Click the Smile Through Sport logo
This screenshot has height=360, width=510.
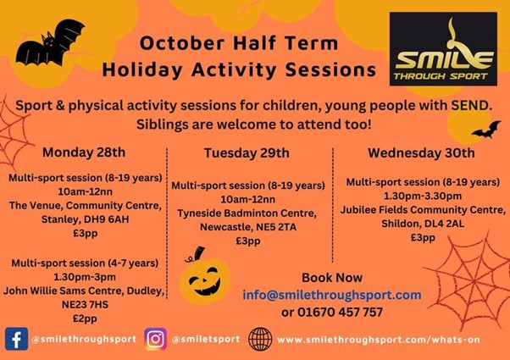pos(443,49)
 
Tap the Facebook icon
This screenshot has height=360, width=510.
pos(17,339)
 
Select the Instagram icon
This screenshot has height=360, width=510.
pos(156,339)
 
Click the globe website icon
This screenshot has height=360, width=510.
pos(260,339)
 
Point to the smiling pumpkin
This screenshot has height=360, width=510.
pos(204,277)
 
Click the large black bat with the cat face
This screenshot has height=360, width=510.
pos(51,43)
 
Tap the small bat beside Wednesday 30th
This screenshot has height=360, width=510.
pos(487,130)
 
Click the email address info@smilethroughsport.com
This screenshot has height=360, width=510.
pos(332,295)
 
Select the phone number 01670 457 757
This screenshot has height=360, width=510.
pos(341,313)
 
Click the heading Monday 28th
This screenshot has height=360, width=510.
pos(84,152)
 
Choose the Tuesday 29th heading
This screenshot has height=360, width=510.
pos(247,153)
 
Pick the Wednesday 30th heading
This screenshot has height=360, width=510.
pos(421,152)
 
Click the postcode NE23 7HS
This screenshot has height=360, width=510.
pos(85,304)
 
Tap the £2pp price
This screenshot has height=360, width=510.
pos(85,318)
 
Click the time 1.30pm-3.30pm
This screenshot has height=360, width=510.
pos(423,197)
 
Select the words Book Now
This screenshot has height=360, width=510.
pos(332,278)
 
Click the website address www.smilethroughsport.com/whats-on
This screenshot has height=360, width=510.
pos(379,340)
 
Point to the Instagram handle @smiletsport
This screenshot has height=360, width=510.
pos(206,339)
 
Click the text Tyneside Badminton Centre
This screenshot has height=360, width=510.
pos(247,213)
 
